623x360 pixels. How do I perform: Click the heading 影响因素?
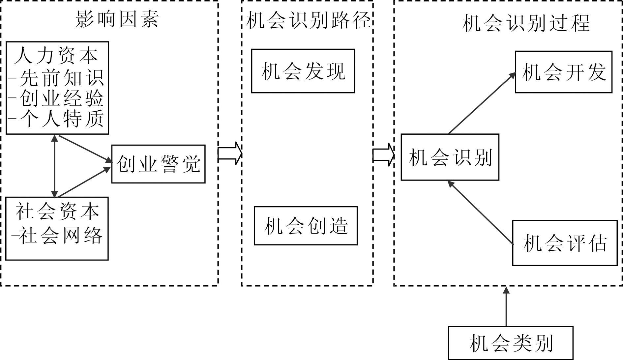point(117,19)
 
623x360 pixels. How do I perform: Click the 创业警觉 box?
point(158,164)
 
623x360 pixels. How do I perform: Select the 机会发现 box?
point(303,71)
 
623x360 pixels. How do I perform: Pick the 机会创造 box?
point(306,226)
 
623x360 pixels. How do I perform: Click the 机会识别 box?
point(450,157)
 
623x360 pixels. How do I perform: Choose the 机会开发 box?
point(564,72)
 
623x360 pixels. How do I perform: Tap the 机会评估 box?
point(565,243)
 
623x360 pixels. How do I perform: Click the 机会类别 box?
point(511,343)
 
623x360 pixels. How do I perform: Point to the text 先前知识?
point(62,78)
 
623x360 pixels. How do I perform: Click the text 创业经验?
point(62,98)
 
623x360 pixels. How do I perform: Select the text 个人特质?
point(62,119)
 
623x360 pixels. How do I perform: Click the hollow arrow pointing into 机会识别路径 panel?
point(230,153)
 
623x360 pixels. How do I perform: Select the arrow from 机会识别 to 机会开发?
point(482,103)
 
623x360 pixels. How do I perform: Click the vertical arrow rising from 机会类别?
point(506,306)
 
